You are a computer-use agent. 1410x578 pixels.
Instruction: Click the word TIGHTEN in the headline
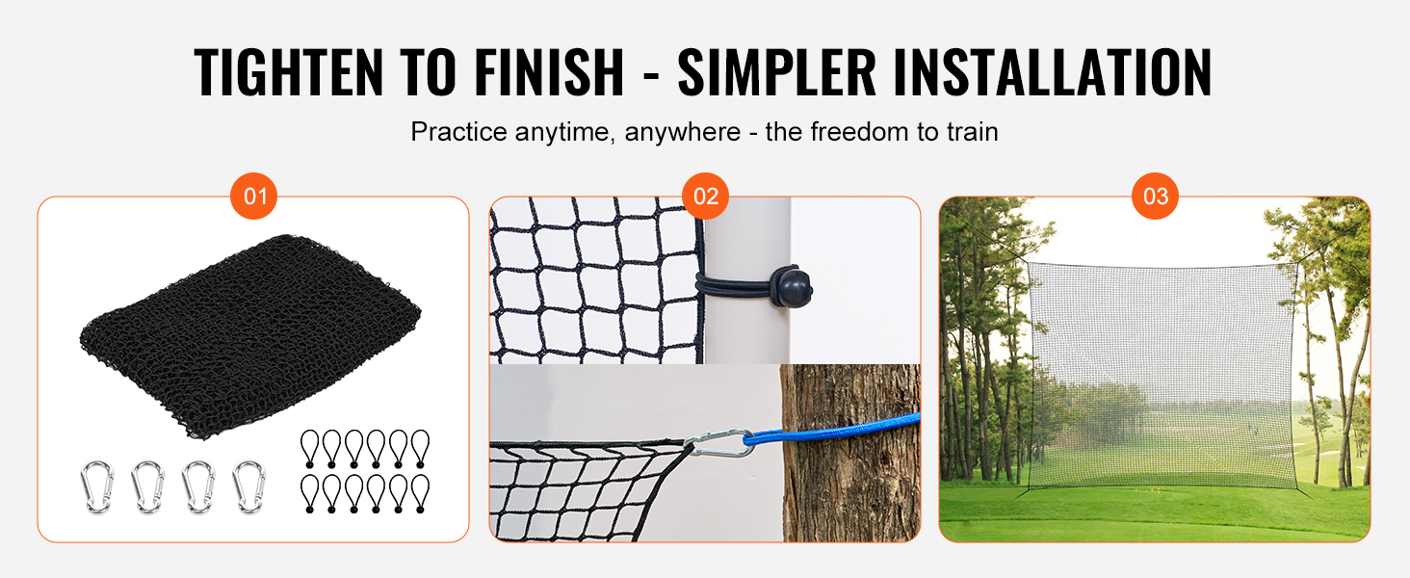(x=288, y=72)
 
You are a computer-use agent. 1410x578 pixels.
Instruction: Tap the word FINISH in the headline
(x=549, y=72)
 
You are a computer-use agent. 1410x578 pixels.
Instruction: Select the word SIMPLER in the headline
(x=777, y=72)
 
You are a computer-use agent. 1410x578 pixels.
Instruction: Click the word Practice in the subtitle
(x=458, y=132)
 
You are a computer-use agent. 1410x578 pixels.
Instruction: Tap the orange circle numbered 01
(x=253, y=196)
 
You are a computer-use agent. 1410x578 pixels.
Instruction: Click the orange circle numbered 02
(x=706, y=196)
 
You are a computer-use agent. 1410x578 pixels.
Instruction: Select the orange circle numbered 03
(x=1155, y=196)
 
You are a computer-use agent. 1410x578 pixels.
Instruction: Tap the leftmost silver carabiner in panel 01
(x=97, y=487)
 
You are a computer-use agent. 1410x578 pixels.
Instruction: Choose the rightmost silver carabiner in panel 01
(x=248, y=487)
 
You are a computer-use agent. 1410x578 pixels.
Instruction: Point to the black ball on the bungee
(x=792, y=288)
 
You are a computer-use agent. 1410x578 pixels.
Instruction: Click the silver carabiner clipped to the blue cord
(x=718, y=442)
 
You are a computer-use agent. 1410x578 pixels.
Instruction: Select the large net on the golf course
(x=1162, y=376)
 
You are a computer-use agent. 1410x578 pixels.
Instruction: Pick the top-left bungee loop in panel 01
(x=310, y=448)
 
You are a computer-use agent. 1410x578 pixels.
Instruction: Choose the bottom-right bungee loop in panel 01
(x=421, y=493)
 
